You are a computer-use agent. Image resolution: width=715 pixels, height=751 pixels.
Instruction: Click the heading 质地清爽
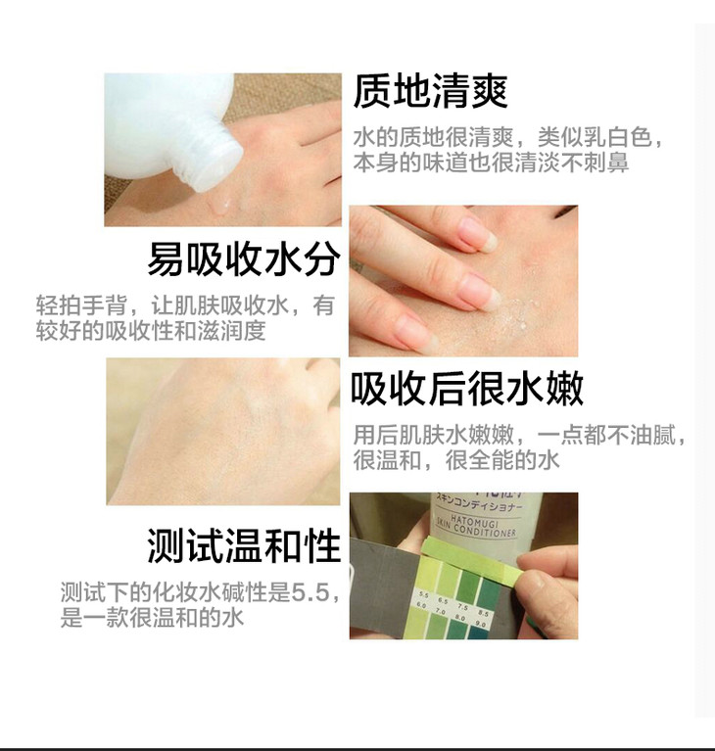430,92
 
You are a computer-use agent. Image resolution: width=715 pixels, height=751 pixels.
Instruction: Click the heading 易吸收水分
244,259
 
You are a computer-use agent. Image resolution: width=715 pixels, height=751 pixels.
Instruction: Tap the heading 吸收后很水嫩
467,388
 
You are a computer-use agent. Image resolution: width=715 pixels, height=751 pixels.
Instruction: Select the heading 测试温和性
244,546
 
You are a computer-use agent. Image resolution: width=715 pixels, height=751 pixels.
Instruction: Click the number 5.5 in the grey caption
311,593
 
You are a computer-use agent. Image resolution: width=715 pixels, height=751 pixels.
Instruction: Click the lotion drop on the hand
221,207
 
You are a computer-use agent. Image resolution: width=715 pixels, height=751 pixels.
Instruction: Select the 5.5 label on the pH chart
424,595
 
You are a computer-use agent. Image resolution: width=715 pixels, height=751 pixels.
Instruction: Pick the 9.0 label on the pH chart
481,624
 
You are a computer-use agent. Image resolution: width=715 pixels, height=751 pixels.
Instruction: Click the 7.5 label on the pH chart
462,607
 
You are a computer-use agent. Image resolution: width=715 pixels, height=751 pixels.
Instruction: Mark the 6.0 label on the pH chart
421,605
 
